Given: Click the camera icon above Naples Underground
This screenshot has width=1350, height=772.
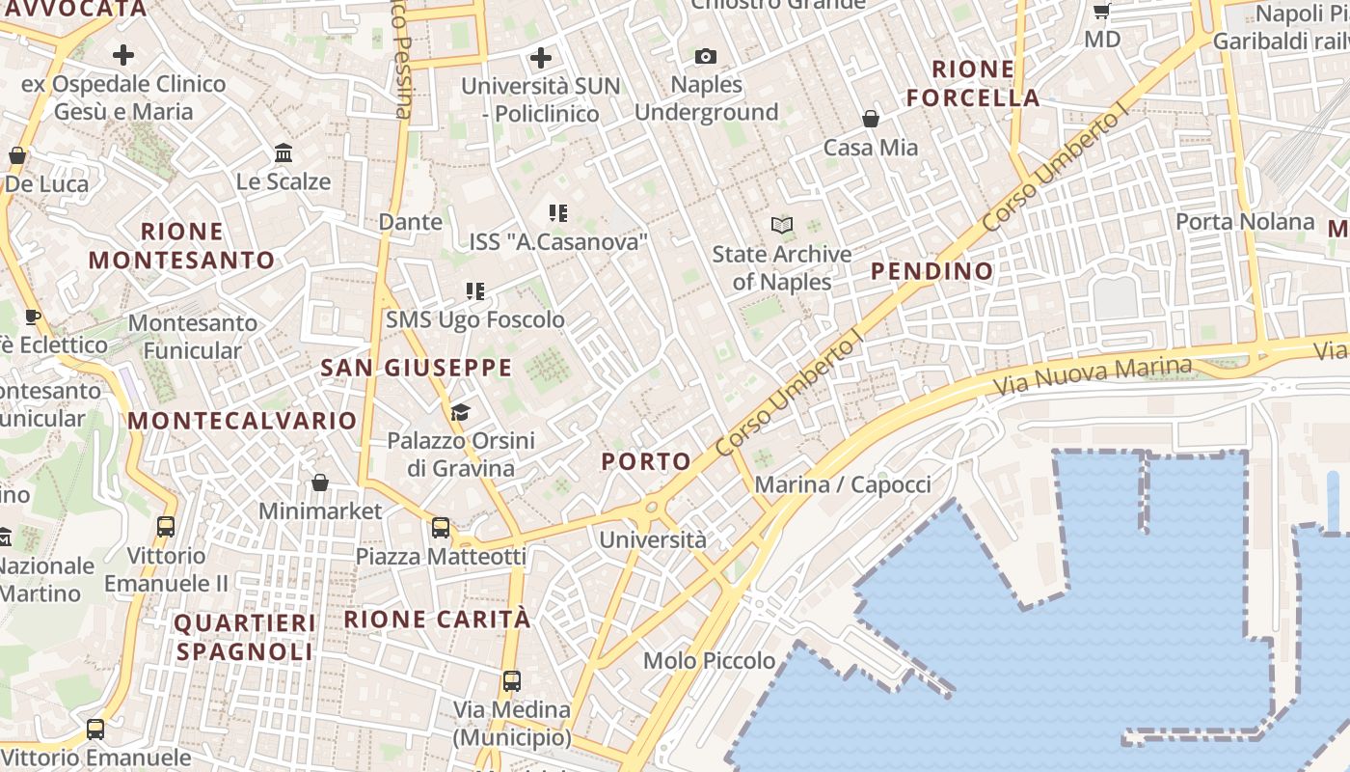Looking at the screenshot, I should tap(706, 57).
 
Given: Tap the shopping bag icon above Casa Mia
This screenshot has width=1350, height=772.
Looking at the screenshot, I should tap(871, 119).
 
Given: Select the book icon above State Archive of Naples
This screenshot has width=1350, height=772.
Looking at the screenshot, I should tap(782, 226).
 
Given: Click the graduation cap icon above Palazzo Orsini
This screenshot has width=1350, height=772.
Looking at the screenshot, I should tap(460, 413).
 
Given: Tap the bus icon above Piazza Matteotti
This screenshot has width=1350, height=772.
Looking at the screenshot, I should tap(441, 528).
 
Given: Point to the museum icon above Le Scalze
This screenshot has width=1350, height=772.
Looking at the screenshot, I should tap(283, 152).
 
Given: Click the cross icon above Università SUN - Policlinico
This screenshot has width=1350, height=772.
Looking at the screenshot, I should tap(541, 58).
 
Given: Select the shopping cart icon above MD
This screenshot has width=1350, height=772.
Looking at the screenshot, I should tap(1102, 12).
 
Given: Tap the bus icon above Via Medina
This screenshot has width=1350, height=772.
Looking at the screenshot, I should tap(512, 681).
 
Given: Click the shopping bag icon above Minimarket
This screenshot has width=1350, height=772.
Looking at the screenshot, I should tap(320, 482).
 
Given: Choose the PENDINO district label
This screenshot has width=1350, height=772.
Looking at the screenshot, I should tap(931, 271).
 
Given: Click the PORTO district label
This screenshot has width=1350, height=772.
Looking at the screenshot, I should tap(647, 461).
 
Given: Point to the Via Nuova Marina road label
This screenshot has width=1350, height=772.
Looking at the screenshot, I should tap(1093, 377).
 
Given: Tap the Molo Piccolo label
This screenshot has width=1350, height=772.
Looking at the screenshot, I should tap(710, 661).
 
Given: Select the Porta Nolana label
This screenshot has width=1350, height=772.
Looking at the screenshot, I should tap(1245, 222).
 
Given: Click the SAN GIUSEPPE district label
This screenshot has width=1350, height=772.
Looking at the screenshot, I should tap(417, 368).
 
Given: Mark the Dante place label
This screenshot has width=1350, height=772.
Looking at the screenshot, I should tap(411, 222).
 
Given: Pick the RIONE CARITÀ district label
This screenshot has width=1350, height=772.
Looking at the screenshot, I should tap(438, 620).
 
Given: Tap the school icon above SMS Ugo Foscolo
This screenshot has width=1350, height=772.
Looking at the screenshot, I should tap(474, 291).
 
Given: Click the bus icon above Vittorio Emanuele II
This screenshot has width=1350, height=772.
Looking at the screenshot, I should tap(166, 527).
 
